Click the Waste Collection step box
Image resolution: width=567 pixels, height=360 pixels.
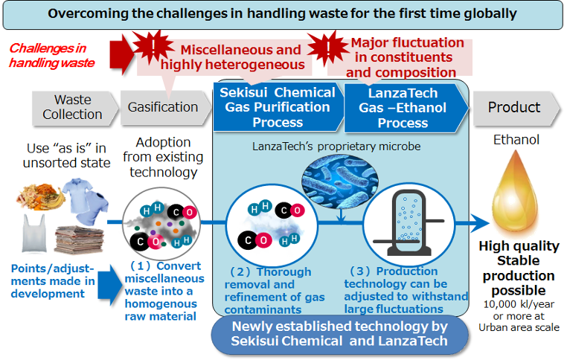(x=75, y=108)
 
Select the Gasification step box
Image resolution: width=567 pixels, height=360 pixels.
(x=165, y=108)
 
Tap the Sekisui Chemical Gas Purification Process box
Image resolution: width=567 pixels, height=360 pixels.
(x=278, y=107)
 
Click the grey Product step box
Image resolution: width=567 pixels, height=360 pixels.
(x=516, y=108)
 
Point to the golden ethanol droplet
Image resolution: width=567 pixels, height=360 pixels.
(x=515, y=193)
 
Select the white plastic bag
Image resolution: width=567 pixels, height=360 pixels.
(x=34, y=233)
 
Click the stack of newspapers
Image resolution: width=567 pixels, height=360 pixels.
(x=79, y=240)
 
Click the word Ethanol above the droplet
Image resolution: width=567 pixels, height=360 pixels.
(x=516, y=140)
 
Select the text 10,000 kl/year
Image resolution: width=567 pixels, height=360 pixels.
(x=519, y=304)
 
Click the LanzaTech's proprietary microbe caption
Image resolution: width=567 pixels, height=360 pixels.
(x=336, y=147)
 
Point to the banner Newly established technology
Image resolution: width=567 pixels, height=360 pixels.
(x=339, y=334)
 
